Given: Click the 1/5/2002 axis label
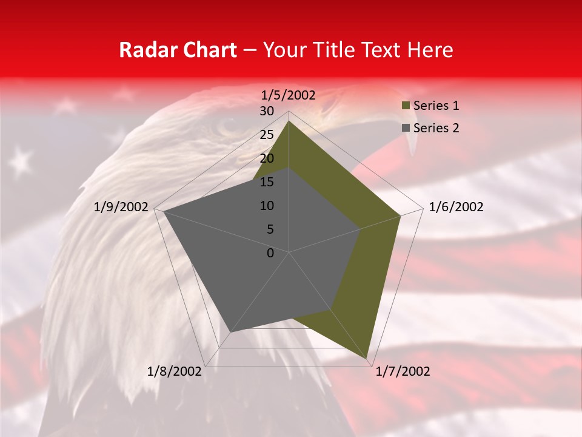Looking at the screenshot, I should [x=288, y=95].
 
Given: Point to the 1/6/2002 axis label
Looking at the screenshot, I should [x=456, y=207].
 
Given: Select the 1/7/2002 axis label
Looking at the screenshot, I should [x=403, y=371].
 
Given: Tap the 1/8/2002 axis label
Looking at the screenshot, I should [x=175, y=371].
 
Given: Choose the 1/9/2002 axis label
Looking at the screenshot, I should [x=121, y=207].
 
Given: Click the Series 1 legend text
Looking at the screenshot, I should [x=436, y=106].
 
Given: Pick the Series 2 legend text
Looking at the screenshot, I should [x=436, y=128].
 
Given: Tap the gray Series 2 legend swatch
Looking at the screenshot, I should [x=406, y=128].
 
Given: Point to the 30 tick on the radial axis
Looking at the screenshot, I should [x=267, y=111].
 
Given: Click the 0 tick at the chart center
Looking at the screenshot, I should [x=270, y=252].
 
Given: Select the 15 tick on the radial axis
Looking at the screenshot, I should [x=267, y=182].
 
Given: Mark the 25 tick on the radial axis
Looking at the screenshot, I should [x=267, y=135].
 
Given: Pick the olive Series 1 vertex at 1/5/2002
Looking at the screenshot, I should [x=289, y=121].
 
